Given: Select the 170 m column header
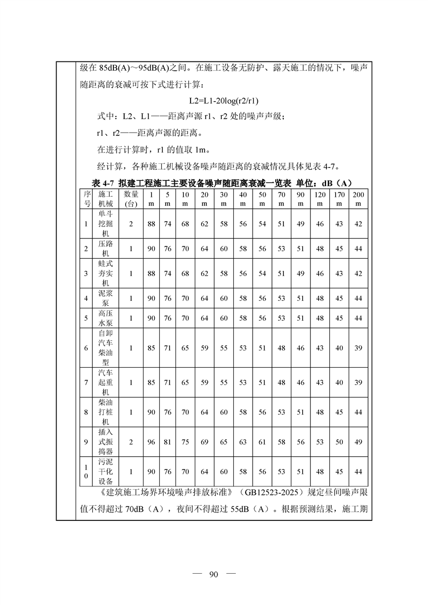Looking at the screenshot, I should click(x=339, y=198).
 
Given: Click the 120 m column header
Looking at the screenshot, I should click(x=320, y=198).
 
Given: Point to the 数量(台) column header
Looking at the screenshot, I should click(x=131, y=198).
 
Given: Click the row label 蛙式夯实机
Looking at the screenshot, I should click(x=106, y=273).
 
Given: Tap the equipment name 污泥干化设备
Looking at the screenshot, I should click(x=106, y=471).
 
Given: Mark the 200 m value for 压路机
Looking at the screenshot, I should click(x=358, y=249).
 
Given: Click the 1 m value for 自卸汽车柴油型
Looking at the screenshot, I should click(x=151, y=348).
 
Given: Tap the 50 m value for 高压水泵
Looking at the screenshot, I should click(x=262, y=318).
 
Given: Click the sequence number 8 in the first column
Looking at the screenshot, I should click(x=86, y=412).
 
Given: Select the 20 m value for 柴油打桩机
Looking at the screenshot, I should click(x=205, y=412).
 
